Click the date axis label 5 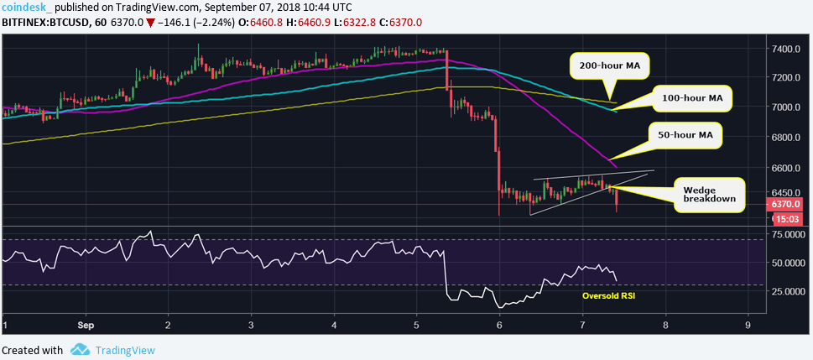click(417, 323)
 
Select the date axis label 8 click(665, 323)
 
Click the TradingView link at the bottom click(123, 350)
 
